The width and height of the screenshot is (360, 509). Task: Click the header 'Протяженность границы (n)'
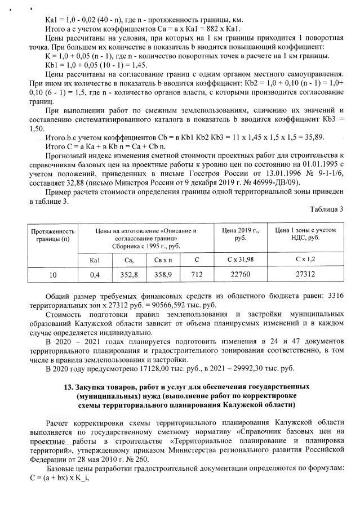pyautogui.click(x=52, y=234)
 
